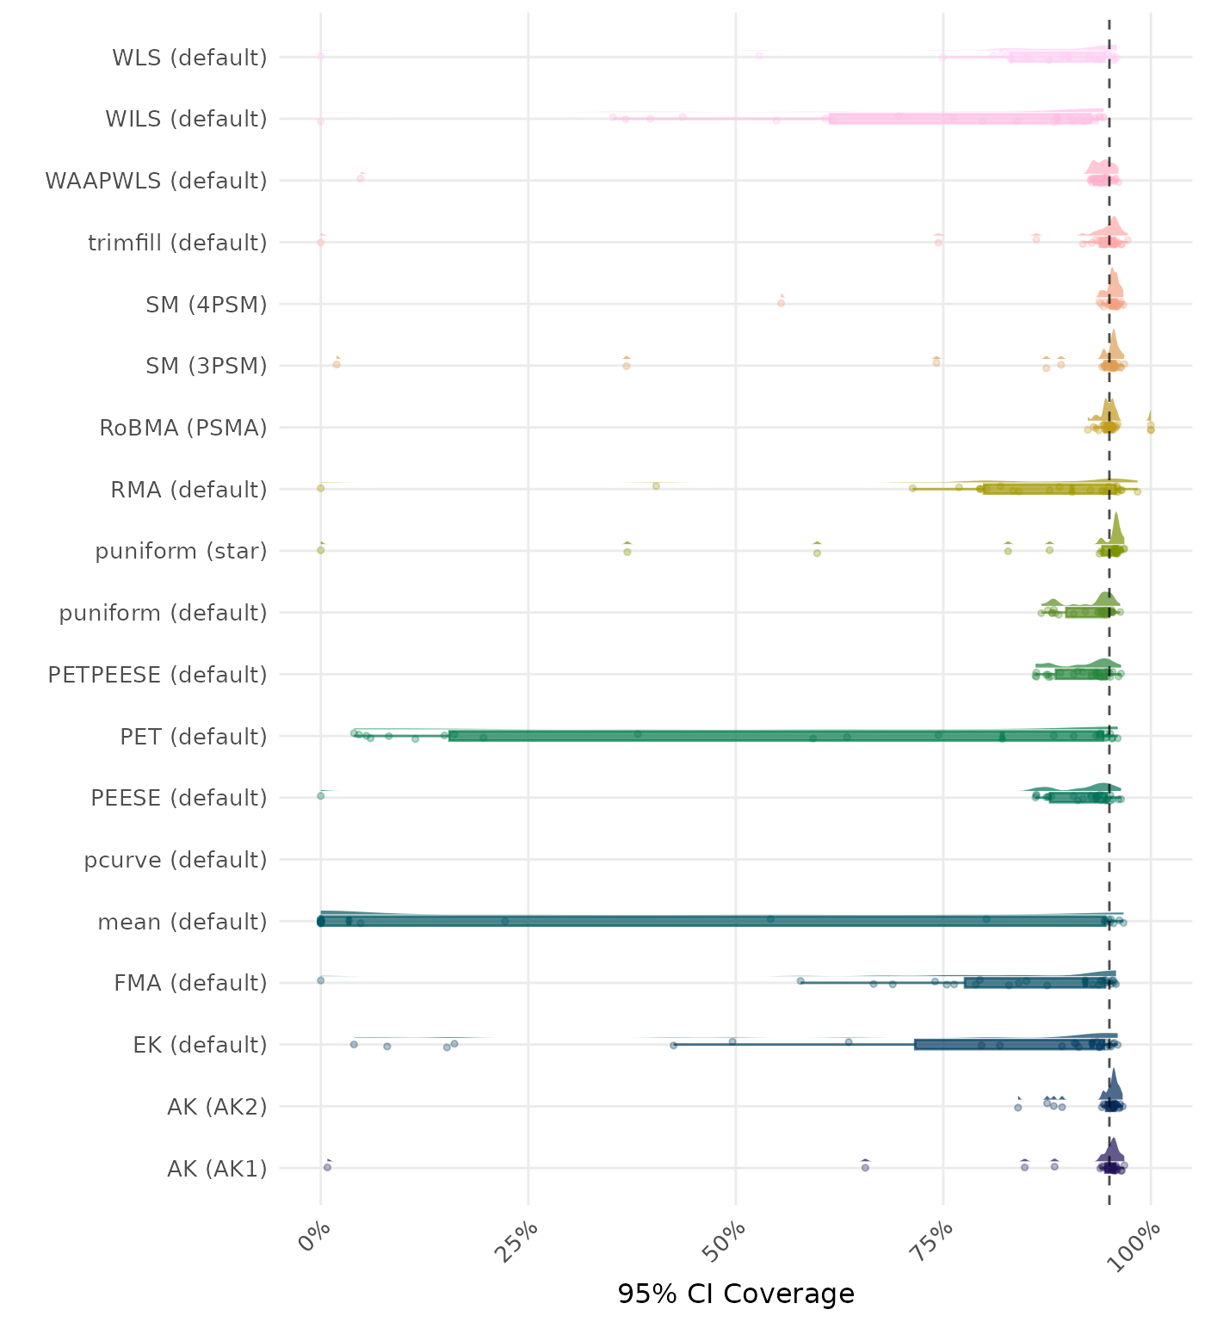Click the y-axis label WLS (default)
click(189, 58)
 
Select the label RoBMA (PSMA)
click(182, 428)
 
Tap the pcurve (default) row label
click(176, 860)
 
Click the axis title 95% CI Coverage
click(736, 1294)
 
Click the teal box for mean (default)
click(714, 921)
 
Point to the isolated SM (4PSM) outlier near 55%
click(781, 303)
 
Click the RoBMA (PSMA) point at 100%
click(1151, 428)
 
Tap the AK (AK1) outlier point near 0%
click(327, 1167)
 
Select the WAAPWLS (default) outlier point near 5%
click(361, 178)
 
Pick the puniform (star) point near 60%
click(817, 553)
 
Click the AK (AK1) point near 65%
click(865, 1167)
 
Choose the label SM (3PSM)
click(207, 366)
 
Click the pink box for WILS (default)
click(964, 119)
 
